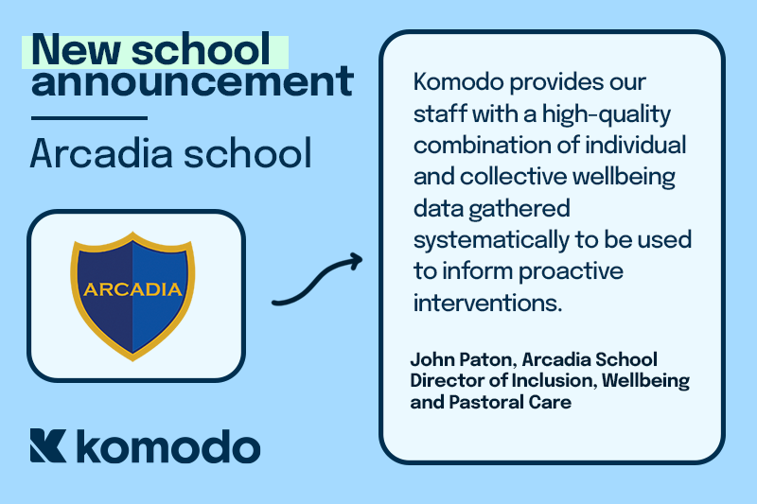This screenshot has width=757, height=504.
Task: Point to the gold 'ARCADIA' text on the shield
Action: pos(132,288)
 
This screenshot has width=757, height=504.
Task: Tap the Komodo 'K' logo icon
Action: pos(48,445)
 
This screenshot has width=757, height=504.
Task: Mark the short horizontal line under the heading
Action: pos(89,118)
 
